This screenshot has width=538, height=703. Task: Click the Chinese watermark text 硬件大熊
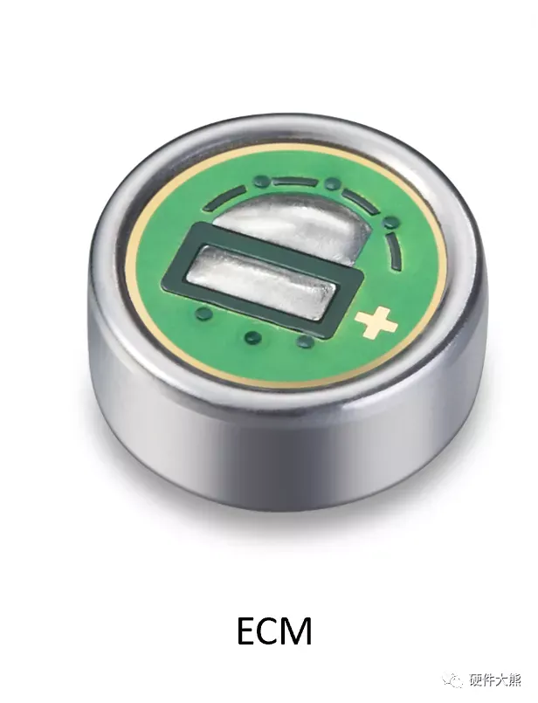click(x=494, y=680)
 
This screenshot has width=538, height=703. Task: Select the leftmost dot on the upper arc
click(x=261, y=181)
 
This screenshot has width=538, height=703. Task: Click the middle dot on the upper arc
click(x=332, y=183)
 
